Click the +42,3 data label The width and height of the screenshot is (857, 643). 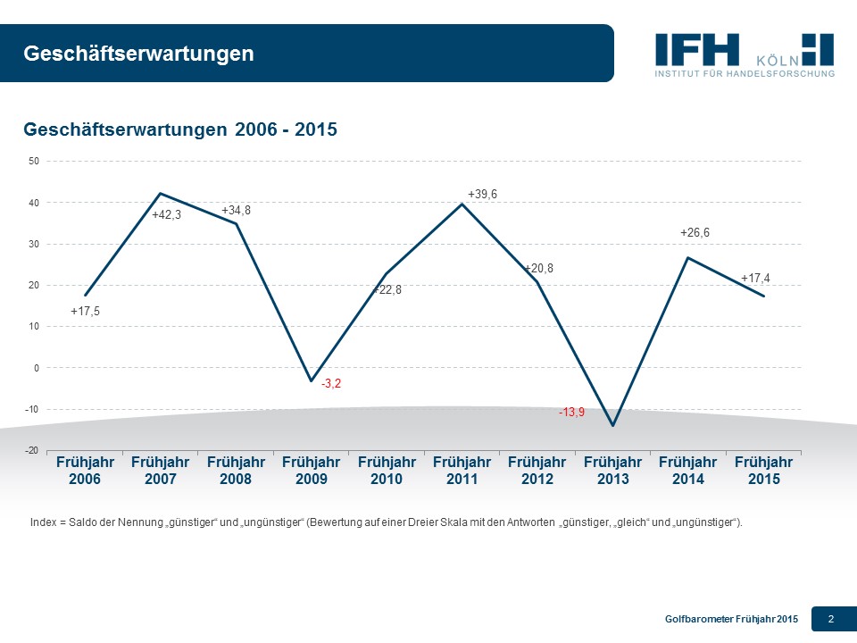coord(166,214)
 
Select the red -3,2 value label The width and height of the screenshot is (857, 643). coord(331,383)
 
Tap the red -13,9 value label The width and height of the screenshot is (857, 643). coord(571,413)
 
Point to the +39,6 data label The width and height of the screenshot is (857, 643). coord(482,194)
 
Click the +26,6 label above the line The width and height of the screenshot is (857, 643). coord(695,232)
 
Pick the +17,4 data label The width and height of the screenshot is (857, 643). coord(756,279)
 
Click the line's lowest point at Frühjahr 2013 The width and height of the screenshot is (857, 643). coord(613,425)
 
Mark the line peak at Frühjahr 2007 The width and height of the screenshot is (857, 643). coord(160,193)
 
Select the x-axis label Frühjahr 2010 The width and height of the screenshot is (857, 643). coord(387,471)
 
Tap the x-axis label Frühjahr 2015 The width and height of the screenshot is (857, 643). coord(763,471)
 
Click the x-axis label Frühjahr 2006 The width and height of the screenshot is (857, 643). coord(85,471)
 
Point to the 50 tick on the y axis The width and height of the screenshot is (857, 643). coord(34,162)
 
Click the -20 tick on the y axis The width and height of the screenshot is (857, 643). coord(32,451)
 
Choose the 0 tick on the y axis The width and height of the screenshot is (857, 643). coord(36,368)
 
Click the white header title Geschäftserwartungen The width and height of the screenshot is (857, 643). coord(138,54)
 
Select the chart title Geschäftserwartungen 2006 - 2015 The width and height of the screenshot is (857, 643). coord(179,129)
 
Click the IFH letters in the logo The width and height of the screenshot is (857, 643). coord(697,48)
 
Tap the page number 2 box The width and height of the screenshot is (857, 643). coord(831,619)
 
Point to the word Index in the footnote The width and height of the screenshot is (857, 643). coord(43,522)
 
